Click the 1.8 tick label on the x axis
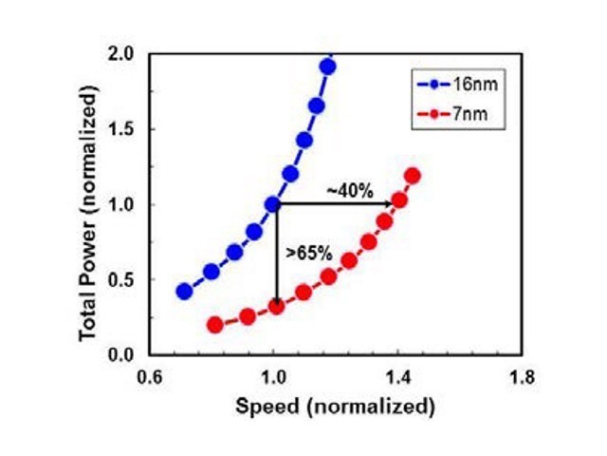pos(522,375)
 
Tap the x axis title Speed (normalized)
pos(336,406)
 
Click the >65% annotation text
pos(308,254)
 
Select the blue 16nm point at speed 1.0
pos(273,204)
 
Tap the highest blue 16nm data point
pos(328,66)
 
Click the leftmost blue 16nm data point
pos(184,292)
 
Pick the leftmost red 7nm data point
pos(214,325)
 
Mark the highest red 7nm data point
pos(413,176)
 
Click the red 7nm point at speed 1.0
pos(276,307)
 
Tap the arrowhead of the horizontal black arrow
pos(392,203)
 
